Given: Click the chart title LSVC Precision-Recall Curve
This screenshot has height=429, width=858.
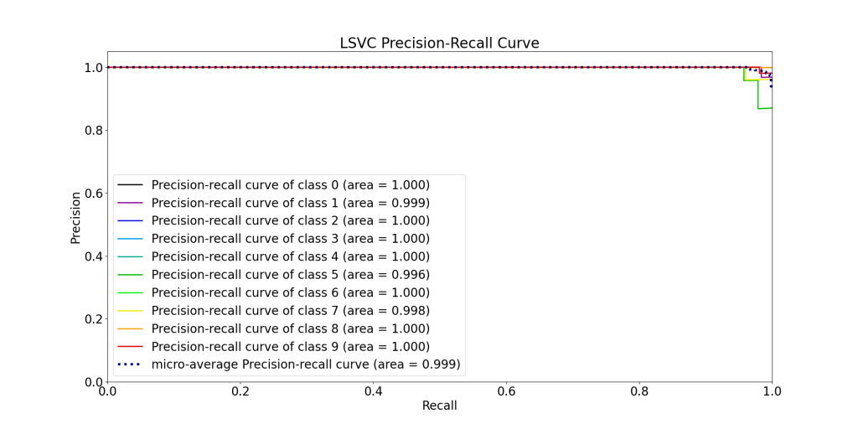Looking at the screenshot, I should click(x=439, y=44).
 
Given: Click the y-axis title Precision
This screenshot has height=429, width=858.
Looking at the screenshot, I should click(x=75, y=218).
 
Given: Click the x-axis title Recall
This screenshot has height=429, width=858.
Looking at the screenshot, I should click(x=439, y=406).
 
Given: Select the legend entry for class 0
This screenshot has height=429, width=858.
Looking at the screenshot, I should click(x=290, y=185).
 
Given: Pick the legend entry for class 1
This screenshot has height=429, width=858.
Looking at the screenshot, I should click(x=290, y=203).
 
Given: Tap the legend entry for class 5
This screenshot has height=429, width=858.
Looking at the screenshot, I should click(x=290, y=275).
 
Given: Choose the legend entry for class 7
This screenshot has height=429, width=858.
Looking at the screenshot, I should click(x=290, y=311).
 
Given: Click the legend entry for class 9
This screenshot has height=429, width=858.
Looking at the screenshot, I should click(x=290, y=347).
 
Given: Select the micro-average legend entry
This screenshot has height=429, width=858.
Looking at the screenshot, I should click(x=306, y=364).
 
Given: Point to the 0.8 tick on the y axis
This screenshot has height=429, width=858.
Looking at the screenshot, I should click(x=91, y=130).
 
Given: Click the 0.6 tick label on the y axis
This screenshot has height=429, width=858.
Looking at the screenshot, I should click(x=91, y=193).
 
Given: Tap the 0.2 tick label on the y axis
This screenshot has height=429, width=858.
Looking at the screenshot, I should click(x=91, y=319).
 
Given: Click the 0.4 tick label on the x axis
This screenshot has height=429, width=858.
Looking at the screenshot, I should click(x=373, y=391).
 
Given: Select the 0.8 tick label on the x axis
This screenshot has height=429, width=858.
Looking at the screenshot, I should click(x=639, y=391).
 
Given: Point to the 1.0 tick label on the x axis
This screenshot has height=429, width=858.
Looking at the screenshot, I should click(x=772, y=391).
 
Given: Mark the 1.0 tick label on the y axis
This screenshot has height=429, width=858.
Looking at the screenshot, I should click(x=91, y=67).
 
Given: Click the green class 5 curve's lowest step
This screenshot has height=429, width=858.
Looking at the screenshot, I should click(x=765, y=108).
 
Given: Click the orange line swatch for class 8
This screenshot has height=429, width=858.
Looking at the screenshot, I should click(x=130, y=328).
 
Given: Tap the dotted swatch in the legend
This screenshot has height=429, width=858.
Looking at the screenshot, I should click(x=130, y=364).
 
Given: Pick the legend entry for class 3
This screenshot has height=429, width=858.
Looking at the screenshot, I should click(x=290, y=239).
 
